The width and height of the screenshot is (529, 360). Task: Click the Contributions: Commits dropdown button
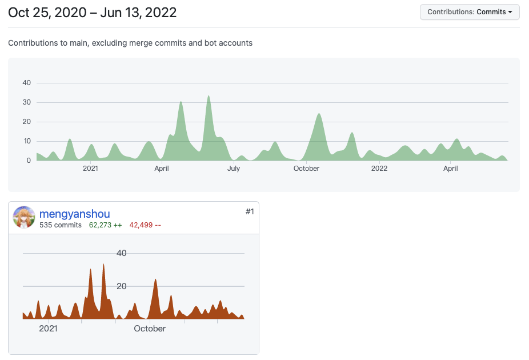[470, 12]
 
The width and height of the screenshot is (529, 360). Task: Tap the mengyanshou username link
[74, 214]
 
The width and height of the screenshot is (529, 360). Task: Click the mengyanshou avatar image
[24, 218]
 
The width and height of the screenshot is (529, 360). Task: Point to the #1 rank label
[250, 211]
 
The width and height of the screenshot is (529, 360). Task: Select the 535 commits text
[61, 225]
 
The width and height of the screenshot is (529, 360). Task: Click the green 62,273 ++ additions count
[106, 225]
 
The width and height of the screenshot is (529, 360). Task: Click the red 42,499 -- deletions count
[145, 225]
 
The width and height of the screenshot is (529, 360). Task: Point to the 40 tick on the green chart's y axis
[26, 83]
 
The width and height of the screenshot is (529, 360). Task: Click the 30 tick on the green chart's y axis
[26, 102]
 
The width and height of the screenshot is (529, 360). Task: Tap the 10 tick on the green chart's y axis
[26, 141]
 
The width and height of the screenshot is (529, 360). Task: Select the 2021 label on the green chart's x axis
[90, 169]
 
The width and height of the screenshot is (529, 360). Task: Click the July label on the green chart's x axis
[233, 169]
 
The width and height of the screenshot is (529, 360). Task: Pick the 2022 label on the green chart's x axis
[379, 169]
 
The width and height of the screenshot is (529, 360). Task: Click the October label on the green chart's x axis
[306, 169]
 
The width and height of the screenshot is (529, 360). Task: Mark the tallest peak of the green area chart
[209, 96]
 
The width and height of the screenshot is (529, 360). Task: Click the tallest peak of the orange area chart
[103, 265]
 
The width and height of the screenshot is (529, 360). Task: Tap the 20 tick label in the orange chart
[121, 286]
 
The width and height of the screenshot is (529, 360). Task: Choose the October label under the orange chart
[150, 329]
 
